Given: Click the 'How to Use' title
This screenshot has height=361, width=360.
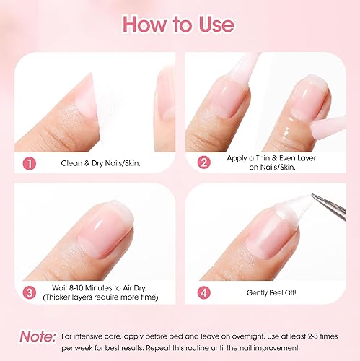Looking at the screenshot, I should [x=179, y=23].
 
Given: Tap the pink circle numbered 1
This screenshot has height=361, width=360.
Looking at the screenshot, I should [x=29, y=162].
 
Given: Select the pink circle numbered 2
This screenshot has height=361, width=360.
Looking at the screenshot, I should [x=204, y=162].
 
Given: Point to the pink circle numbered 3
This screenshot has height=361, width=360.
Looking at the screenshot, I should [x=29, y=292].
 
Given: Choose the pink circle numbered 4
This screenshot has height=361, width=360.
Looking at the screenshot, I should [x=204, y=292].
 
